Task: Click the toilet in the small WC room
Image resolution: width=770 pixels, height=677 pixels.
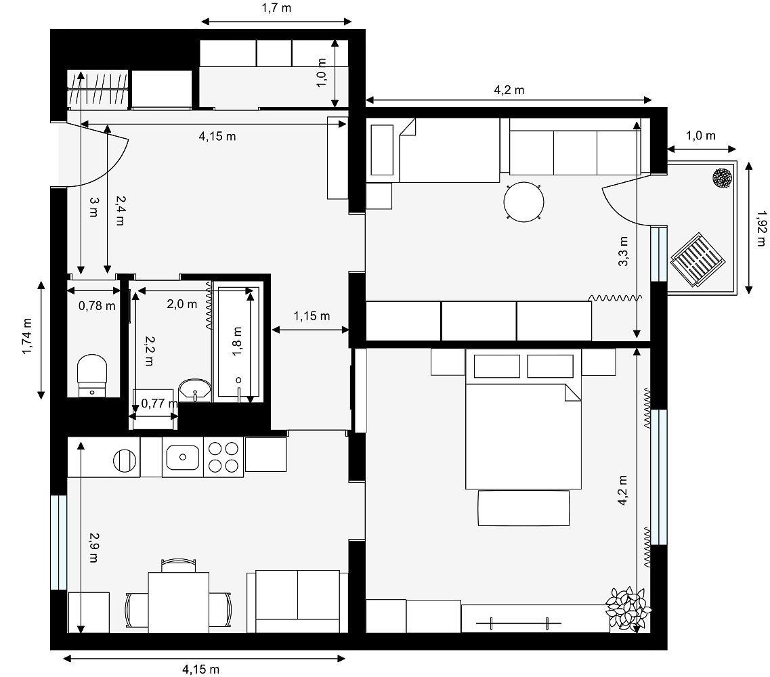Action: [x=92, y=375]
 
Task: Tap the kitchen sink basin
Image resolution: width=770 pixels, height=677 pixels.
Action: [x=183, y=457]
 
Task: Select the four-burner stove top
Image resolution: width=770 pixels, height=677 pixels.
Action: [x=223, y=457]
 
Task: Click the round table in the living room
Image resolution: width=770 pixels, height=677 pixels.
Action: [x=524, y=202]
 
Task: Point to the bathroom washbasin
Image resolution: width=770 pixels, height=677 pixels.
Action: [x=195, y=390]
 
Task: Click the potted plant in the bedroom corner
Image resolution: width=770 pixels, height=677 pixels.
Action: [x=628, y=608]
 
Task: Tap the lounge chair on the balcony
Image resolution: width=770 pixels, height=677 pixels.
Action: [x=699, y=259]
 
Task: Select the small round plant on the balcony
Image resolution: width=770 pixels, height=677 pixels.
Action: [x=723, y=178]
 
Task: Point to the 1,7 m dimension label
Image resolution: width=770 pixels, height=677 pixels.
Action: [x=276, y=8]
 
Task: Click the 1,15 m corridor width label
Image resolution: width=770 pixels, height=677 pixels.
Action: [x=312, y=316]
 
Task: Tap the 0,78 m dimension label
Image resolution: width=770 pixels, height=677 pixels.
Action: [x=98, y=306]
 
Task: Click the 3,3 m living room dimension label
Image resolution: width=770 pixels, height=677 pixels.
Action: [x=623, y=251]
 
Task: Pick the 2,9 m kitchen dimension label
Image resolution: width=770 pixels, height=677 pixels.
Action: [x=93, y=548]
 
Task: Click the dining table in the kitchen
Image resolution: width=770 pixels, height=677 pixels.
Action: [x=179, y=603]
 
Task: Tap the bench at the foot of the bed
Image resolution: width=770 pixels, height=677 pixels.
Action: [x=524, y=508]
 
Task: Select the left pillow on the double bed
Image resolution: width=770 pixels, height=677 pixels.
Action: [x=497, y=366]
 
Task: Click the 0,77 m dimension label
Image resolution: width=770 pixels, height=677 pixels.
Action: [x=160, y=403]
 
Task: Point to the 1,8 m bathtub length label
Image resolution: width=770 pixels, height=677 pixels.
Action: [x=238, y=342]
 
